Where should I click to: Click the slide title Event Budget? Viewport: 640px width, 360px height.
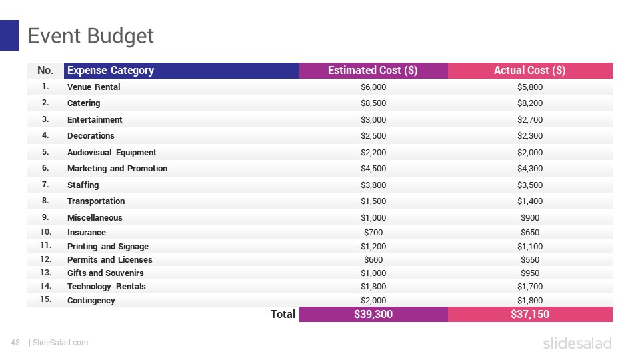tap(91, 36)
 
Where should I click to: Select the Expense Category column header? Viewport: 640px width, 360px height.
tap(111, 71)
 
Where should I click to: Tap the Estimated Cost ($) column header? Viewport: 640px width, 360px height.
tap(373, 71)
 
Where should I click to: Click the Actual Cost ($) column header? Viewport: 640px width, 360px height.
tap(529, 71)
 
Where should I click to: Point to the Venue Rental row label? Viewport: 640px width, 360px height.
tap(94, 87)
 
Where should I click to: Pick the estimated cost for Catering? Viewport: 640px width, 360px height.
tap(373, 103)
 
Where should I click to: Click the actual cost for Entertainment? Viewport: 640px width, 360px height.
tap(529, 120)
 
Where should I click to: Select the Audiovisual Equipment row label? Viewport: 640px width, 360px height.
tap(112, 153)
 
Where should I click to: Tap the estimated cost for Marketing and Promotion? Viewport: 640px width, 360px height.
tap(373, 169)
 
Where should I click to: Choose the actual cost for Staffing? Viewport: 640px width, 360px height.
tap(529, 185)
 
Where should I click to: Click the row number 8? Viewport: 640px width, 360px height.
tap(45, 201)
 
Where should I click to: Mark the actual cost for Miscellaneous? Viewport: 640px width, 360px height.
tap(529, 218)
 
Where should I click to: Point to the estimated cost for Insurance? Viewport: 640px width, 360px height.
tap(373, 233)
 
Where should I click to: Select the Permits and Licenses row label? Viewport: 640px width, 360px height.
tap(110, 260)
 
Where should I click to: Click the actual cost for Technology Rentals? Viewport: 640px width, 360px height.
tap(529, 287)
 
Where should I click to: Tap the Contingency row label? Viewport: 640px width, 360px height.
tap(91, 301)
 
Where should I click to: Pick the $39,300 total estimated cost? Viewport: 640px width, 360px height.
tap(373, 314)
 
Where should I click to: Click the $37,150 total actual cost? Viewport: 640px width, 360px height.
tap(529, 314)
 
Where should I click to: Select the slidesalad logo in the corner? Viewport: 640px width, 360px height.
tap(577, 343)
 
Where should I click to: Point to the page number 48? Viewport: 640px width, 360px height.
tap(15, 343)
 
